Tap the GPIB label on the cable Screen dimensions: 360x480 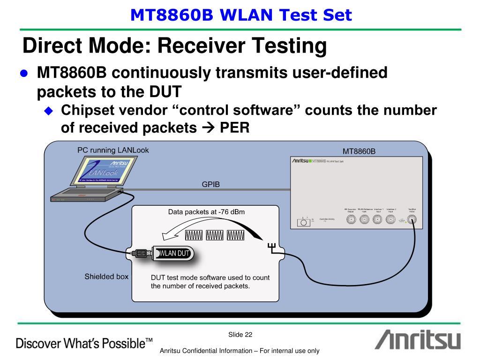(x=210, y=184)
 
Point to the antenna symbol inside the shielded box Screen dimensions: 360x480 (x=271, y=246)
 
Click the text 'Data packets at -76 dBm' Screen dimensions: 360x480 (x=206, y=212)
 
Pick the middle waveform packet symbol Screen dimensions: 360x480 (x=216, y=234)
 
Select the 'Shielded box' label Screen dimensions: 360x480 (x=106, y=276)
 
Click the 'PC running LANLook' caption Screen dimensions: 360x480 (x=113, y=150)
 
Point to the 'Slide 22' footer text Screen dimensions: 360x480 (x=240, y=334)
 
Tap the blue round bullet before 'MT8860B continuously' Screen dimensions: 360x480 (x=25, y=74)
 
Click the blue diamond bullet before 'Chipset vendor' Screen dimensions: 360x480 (x=49, y=111)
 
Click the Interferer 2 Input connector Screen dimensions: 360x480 (x=390, y=221)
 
